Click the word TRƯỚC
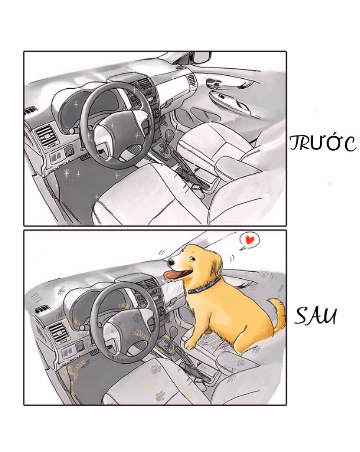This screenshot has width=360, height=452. point(322,143)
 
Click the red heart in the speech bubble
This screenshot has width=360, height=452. point(250,240)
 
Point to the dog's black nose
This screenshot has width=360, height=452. point(171,263)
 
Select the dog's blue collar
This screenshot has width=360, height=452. point(204,287)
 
